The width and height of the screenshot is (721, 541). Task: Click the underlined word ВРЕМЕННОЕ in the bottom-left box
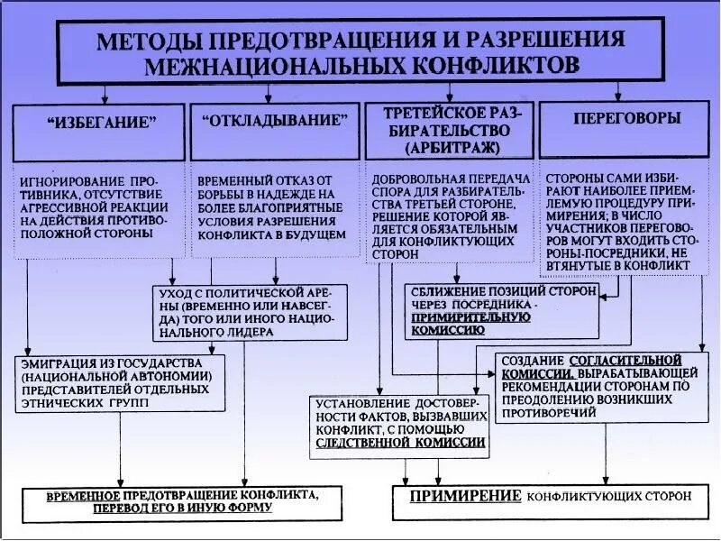click(x=84, y=495)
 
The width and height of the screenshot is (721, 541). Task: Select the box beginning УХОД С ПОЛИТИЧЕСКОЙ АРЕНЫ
click(x=249, y=312)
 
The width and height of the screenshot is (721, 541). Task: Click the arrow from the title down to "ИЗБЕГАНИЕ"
click(x=106, y=94)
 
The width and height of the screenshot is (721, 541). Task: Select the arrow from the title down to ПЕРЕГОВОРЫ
click(x=617, y=91)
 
